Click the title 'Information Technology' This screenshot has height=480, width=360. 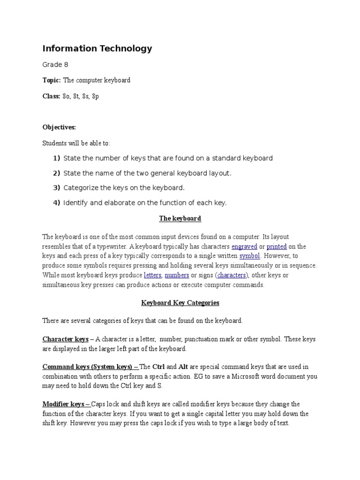click(x=97, y=48)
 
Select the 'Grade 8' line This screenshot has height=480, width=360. click(x=55, y=65)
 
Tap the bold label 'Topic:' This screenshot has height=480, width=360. click(x=52, y=80)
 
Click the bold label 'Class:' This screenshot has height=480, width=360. click(x=52, y=96)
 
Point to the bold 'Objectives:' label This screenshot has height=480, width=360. click(x=59, y=127)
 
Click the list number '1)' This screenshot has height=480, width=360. click(x=57, y=158)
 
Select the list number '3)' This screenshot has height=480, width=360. click(x=57, y=188)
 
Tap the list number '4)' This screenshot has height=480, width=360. click(x=57, y=202)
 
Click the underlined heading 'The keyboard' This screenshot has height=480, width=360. click(x=180, y=218)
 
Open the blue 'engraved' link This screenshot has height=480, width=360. click(x=244, y=247)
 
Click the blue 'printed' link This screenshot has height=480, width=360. click(x=277, y=247)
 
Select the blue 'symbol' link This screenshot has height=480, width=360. click(x=249, y=256)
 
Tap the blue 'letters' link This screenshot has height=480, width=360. click(x=153, y=275)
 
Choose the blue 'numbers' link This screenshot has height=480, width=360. click(x=177, y=275)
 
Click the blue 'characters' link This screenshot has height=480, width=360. click(x=232, y=275)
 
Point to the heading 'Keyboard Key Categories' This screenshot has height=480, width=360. click(x=180, y=303)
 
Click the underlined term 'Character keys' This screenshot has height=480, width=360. click(x=65, y=339)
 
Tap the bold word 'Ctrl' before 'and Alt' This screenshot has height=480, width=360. click(x=159, y=367)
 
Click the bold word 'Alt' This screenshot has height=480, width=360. click(x=184, y=367)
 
